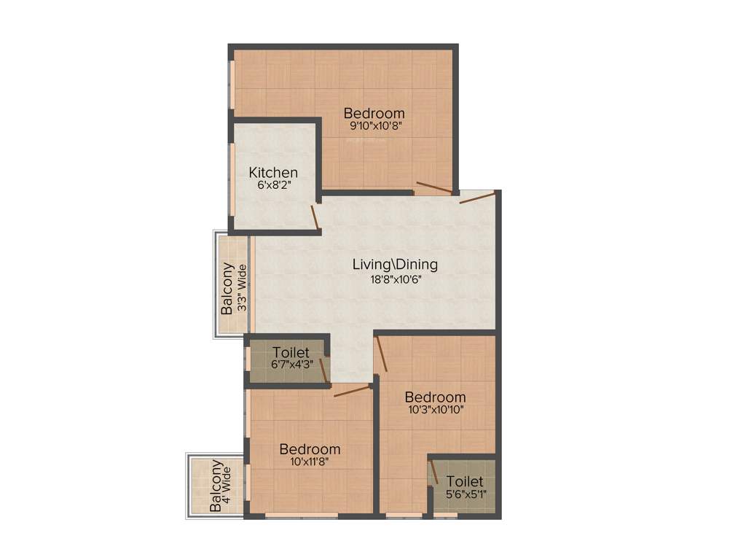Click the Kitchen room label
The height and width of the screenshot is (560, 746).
pyautogui.click(x=273, y=173)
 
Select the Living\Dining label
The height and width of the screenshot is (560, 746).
pyautogui.click(x=395, y=264)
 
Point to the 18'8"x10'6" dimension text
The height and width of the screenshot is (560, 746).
pyautogui.click(x=395, y=278)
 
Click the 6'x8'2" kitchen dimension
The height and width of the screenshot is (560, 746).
pyautogui.click(x=273, y=185)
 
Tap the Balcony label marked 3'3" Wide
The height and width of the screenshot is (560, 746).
pyautogui.click(x=227, y=288)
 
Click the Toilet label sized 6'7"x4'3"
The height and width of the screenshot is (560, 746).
pyautogui.click(x=291, y=353)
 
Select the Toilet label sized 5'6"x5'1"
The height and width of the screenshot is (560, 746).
pyautogui.click(x=465, y=481)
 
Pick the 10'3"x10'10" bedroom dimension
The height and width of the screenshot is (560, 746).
pyautogui.click(x=435, y=409)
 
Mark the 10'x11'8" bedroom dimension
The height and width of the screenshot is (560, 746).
pyautogui.click(x=310, y=462)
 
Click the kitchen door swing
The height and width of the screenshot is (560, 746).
pyautogui.click(x=315, y=218)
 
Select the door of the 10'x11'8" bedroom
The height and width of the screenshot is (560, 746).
pyautogui.click(x=351, y=390)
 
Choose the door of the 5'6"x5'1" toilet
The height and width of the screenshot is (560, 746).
pyautogui.click(x=433, y=472)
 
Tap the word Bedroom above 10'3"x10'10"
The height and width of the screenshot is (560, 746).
pyautogui.click(x=435, y=397)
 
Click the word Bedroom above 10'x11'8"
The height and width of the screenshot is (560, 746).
pyautogui.click(x=310, y=449)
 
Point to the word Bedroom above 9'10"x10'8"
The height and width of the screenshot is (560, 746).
pyautogui.click(x=374, y=113)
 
